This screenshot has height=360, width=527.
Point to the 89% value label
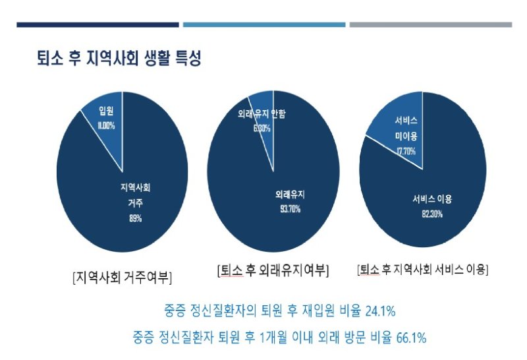point(135,218)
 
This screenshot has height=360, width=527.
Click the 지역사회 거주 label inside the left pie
point(135,195)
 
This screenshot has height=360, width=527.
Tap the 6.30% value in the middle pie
point(262,128)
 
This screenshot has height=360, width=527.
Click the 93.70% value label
point(290,210)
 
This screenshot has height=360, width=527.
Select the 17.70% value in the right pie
point(406,151)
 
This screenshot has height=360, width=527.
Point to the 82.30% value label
point(432,214)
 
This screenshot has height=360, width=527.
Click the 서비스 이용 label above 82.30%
point(432,198)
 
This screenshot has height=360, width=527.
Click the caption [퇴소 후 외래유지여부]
point(273,270)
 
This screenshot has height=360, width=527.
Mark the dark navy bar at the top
point(97,25)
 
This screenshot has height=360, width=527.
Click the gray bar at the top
point(430,25)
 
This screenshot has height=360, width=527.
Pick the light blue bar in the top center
point(263,25)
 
